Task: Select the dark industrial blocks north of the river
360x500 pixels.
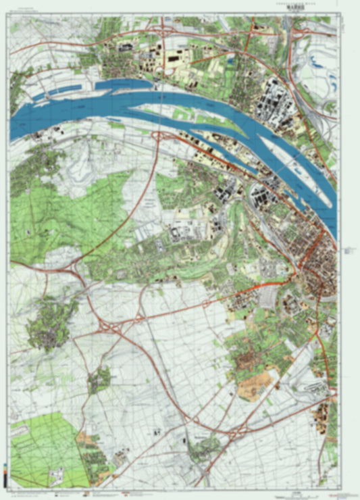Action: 277,101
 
